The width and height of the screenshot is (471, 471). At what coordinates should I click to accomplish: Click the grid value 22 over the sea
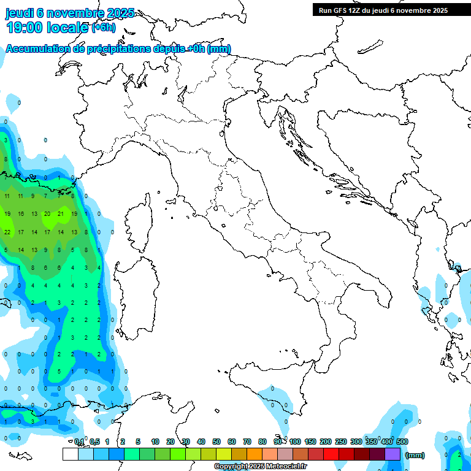[7, 232]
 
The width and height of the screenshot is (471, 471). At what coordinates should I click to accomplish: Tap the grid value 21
[61, 214]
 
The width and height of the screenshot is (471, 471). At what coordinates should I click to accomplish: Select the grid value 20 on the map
[47, 214]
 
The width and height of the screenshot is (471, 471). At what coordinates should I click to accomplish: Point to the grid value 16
[20, 214]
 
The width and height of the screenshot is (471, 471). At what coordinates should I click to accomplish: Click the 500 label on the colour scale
[402, 442]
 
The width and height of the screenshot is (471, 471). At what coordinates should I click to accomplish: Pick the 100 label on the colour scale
[295, 442]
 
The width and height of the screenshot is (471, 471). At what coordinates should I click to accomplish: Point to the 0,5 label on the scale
[94, 442]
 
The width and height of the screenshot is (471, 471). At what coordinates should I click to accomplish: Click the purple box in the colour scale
[392, 454]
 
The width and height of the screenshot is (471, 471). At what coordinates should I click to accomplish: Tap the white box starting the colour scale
[70, 454]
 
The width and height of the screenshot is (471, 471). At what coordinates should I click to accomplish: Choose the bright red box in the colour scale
[331, 454]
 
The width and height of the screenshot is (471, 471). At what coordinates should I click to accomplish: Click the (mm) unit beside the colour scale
[415, 455]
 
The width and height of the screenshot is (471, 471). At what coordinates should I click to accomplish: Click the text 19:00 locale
[47, 27]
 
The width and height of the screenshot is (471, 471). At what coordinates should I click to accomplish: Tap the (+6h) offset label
[103, 27]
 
